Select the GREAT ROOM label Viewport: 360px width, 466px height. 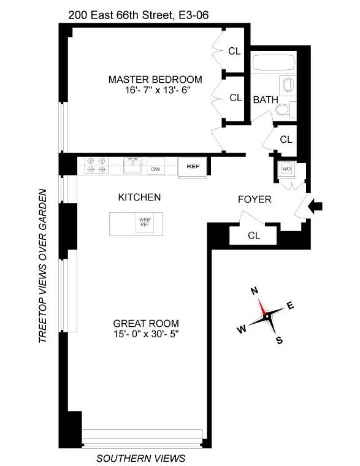(146, 324)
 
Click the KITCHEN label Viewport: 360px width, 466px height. (139, 197)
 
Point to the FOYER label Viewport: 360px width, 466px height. (255, 200)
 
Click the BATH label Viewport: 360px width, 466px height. (265, 99)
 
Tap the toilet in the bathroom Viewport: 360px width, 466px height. (283, 110)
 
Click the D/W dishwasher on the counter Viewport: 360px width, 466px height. (156, 168)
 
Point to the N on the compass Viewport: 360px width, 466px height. (253, 292)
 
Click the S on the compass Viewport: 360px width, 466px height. (280, 341)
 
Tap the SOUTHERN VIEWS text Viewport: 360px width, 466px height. (141, 458)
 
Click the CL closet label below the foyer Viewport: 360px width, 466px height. (253, 235)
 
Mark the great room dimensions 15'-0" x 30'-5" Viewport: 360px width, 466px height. (146, 334)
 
